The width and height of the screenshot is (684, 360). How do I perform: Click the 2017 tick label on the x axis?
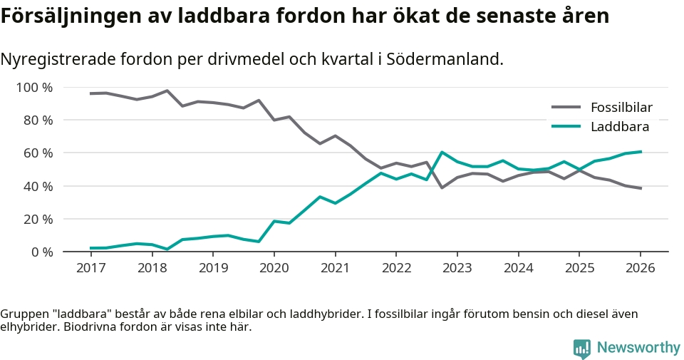(90, 267)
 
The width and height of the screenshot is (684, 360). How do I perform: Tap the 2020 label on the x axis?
(274, 267)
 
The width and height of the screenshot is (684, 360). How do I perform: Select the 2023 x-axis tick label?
(457, 267)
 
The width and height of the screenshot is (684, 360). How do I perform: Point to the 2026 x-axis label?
(640, 267)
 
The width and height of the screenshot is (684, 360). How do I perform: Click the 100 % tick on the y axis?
(33, 88)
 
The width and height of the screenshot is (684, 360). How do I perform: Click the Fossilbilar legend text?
(621, 108)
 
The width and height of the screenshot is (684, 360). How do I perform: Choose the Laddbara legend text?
(620, 127)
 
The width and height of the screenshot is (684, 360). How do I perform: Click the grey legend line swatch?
(566, 108)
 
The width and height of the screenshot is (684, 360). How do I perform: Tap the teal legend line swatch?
(566, 127)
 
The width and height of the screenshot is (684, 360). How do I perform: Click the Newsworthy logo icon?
(582, 348)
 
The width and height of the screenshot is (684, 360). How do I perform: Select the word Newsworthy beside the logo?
(638, 348)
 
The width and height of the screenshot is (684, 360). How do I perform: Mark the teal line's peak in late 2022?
(442, 152)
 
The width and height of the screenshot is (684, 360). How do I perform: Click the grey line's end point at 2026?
(641, 188)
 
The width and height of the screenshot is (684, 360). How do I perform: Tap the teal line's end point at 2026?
(641, 152)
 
